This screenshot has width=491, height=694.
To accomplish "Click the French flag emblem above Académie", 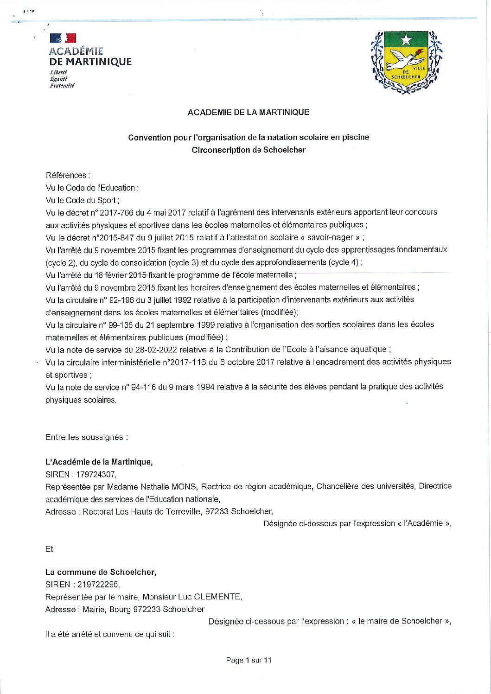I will [63, 38].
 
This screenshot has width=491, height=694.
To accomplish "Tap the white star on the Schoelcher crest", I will [406, 40].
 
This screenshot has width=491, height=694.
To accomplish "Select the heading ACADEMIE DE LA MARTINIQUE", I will [248, 112].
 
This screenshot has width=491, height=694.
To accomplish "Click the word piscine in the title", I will [356, 137].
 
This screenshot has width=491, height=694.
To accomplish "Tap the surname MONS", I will [185, 487].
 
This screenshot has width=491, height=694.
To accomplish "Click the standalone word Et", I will [49, 549].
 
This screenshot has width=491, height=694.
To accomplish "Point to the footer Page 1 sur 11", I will [249, 660].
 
